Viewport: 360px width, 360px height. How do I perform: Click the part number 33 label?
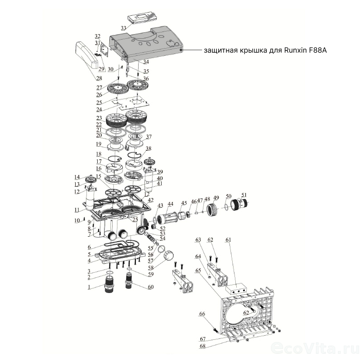(123, 28)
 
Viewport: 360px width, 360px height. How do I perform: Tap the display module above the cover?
(143, 18)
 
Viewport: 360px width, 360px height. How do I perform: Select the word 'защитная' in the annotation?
(220, 51)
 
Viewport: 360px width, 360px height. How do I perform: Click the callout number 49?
(216, 198)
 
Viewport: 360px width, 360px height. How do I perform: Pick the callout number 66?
(202, 314)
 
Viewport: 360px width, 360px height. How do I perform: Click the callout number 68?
(202, 346)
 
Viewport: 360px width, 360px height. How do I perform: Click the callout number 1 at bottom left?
(90, 287)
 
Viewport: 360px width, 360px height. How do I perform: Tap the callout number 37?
(149, 137)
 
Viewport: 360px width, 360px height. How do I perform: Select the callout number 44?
(170, 204)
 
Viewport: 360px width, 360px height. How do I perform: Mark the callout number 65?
(198, 270)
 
